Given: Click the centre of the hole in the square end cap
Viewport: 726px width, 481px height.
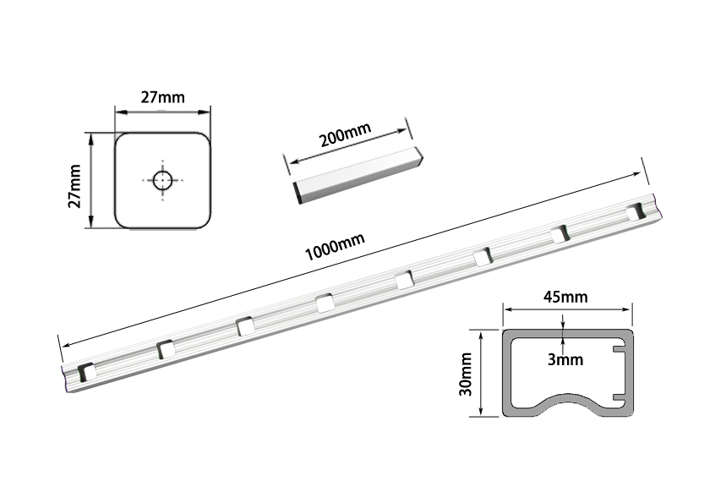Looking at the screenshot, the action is coord(162,180).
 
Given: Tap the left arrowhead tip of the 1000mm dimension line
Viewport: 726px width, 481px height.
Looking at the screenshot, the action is coord(63,346).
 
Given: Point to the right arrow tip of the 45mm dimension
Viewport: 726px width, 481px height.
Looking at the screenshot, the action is coord(632,309).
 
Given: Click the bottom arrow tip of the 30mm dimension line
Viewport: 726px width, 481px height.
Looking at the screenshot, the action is coord(482,415).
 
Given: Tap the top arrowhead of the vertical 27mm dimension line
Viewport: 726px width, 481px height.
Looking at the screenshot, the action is coord(91,134).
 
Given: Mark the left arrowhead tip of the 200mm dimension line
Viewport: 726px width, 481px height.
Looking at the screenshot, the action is coord(289,162).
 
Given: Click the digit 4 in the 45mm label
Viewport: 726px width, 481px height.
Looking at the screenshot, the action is coord(549,296).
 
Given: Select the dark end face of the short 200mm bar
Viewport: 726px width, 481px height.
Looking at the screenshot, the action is coord(298,193).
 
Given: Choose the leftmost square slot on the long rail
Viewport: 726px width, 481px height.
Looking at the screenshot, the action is coord(86,372).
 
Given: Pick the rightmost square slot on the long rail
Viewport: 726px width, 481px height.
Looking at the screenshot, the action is coord(636,211).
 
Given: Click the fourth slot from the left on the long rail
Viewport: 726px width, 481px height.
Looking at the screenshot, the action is coord(325,303).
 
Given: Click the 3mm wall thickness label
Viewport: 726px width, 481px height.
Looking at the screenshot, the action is coord(565,359).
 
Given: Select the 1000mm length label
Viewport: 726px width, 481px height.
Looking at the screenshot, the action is coord(335,246).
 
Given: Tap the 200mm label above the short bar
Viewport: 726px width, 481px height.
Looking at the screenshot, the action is coord(346,134).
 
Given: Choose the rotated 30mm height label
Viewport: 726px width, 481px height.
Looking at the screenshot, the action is coord(466,374).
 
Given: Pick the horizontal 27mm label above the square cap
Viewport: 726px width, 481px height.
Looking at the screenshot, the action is coord(162,97).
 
